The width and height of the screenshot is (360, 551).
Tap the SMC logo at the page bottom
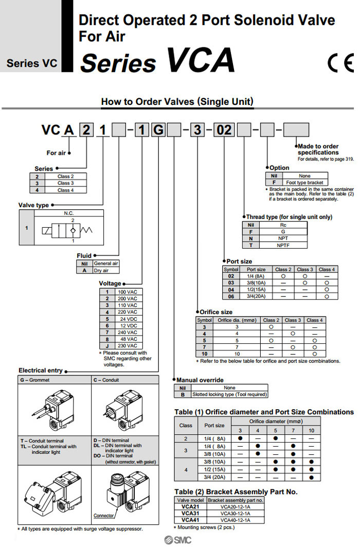[177, 540]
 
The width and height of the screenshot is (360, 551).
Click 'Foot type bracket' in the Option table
[304, 182]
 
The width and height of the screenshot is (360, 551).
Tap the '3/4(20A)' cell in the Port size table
[256, 296]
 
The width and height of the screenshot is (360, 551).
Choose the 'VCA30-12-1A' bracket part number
[235, 513]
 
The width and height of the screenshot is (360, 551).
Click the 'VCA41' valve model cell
[190, 520]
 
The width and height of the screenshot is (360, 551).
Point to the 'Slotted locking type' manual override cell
[229, 395]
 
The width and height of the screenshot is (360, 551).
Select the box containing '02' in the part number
[224, 130]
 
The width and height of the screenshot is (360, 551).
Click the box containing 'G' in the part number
[159, 130]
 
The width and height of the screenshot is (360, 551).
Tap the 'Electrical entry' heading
[41, 370]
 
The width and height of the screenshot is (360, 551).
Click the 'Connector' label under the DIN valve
[103, 516]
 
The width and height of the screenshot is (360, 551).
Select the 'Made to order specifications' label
[318, 150]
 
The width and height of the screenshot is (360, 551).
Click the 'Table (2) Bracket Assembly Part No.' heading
[236, 492]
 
